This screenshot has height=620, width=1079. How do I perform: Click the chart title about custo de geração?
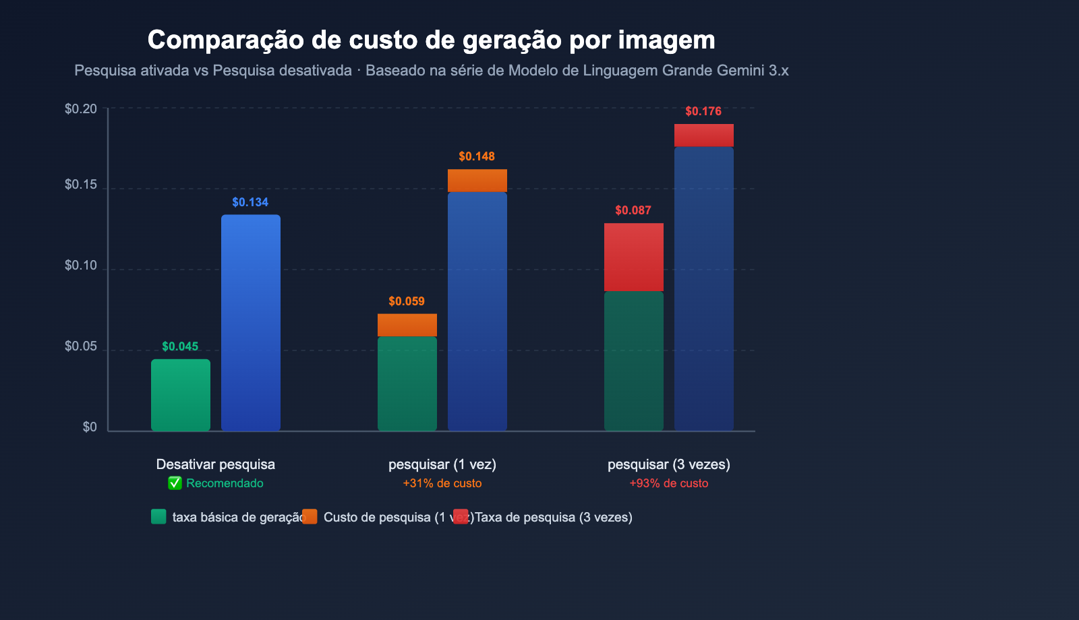click(431, 40)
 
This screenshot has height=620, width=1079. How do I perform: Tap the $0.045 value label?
click(180, 346)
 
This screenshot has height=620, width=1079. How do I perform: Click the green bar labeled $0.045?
click(181, 395)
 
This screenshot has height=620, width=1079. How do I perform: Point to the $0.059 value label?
click(407, 301)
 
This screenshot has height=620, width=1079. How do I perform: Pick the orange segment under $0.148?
click(477, 181)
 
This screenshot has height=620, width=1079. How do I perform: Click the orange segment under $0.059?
click(407, 325)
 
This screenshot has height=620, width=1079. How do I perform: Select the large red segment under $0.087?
click(634, 257)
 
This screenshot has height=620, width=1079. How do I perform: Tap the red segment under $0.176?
click(704, 135)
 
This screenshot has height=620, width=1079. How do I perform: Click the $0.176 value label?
click(703, 111)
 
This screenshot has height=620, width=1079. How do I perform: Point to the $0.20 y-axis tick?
click(81, 109)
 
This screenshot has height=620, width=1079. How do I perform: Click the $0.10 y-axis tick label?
click(81, 266)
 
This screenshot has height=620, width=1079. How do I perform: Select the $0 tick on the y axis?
click(90, 427)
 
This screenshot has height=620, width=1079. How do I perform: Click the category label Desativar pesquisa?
click(216, 464)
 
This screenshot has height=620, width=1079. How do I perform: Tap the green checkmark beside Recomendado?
click(175, 483)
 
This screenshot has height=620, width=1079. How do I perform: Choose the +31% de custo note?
click(442, 483)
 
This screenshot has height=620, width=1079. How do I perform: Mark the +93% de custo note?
click(669, 483)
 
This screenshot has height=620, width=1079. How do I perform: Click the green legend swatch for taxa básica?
click(158, 517)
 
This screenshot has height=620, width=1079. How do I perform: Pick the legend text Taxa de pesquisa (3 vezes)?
click(554, 517)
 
